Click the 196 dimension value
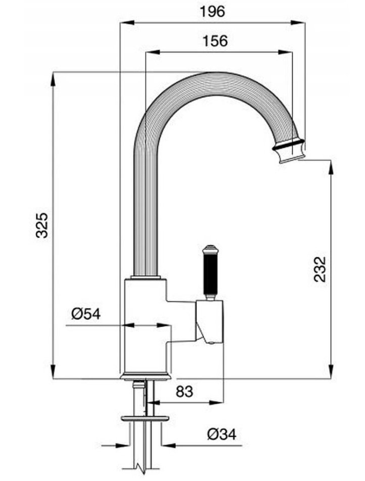[x=212, y=12]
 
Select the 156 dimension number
[x=215, y=41]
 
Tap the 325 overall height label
[x=42, y=225]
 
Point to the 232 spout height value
[x=320, y=269]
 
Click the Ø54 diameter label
[x=86, y=314]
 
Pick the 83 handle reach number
[x=185, y=391]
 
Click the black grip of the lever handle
[x=209, y=273]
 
